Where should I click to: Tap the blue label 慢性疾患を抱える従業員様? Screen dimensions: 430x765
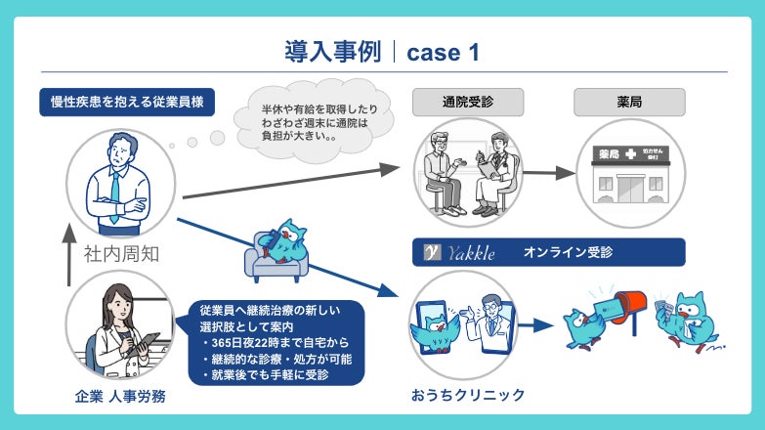[x=127, y=103]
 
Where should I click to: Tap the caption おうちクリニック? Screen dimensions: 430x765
[x=468, y=395]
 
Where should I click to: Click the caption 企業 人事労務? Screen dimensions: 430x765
[x=120, y=395]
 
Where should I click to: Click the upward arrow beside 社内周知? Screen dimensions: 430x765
[x=68, y=256]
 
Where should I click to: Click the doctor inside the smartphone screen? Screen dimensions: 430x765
[x=489, y=322]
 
